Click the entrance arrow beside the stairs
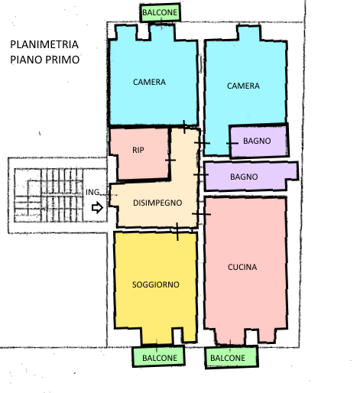click(x=97, y=207)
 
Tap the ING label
click(x=92, y=192)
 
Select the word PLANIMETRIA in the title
click(x=44, y=44)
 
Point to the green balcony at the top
click(x=160, y=12)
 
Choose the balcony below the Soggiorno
click(x=159, y=356)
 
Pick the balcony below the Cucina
click(x=232, y=357)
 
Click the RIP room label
click(x=138, y=150)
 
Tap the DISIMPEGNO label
click(x=157, y=203)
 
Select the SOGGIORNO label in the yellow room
click(x=156, y=284)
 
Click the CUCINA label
click(x=242, y=267)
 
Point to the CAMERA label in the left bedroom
click(x=149, y=82)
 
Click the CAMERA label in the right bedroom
click(x=243, y=86)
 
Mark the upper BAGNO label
click(x=257, y=141)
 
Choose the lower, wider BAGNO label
click(x=244, y=177)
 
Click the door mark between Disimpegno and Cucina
click(x=201, y=214)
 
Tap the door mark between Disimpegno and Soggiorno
click(x=177, y=232)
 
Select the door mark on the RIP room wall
click(x=170, y=160)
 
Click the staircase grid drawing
click(x=48, y=195)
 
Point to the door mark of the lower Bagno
click(x=201, y=174)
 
